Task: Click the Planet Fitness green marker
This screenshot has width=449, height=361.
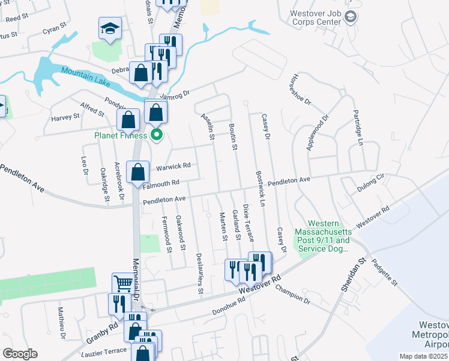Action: (157, 134)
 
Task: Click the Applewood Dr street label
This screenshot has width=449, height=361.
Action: (319, 132)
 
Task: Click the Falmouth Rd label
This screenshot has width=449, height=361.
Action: (161, 183)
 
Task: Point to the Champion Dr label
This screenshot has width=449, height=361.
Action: (292, 293)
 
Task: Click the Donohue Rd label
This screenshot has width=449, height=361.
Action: (229, 307)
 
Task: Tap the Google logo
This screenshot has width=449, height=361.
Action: (20, 354)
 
